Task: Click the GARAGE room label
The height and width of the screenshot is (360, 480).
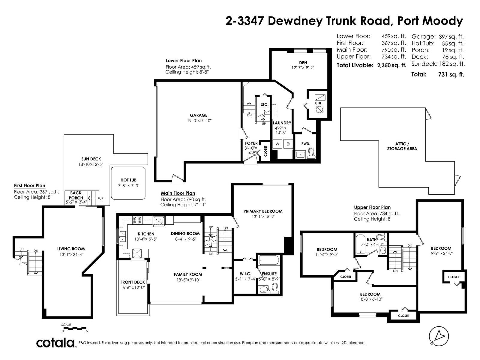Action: point(198,115)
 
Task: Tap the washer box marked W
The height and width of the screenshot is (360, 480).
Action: point(277,144)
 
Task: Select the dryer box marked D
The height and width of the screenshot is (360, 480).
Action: point(288,144)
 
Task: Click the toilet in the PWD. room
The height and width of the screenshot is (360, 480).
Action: point(311,153)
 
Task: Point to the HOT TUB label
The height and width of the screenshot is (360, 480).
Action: point(128,180)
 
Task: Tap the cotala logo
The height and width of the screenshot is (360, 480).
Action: point(55,343)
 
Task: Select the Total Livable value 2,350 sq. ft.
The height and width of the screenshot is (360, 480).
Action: point(392,65)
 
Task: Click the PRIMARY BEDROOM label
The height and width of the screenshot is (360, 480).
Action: point(263,211)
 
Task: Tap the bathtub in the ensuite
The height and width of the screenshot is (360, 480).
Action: point(269,260)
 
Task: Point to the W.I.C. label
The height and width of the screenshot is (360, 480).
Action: point(245,274)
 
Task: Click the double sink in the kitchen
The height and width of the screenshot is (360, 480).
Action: point(122,236)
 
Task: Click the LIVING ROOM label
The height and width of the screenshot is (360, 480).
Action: point(71,249)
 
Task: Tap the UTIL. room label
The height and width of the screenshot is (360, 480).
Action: point(319,103)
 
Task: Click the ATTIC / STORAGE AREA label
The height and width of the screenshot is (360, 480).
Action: point(402,146)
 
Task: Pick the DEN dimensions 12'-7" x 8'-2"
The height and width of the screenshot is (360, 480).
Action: point(303,68)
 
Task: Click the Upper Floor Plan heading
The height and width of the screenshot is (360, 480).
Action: point(372,207)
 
